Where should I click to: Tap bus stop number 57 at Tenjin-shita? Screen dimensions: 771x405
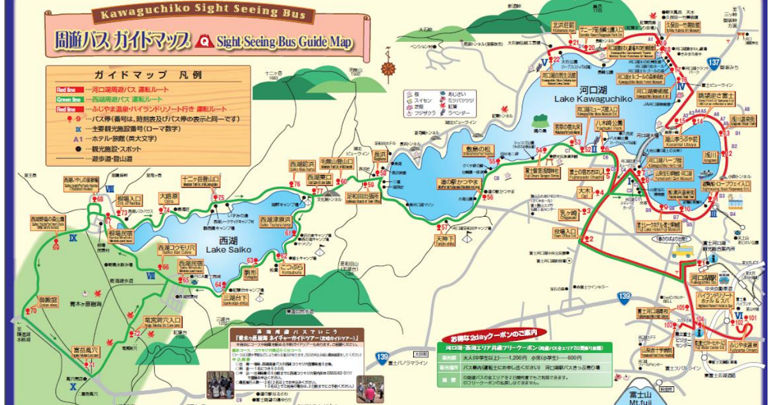point(443,227)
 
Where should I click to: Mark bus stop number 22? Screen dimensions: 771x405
point(556,61)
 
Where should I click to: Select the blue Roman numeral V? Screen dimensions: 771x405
point(544,62)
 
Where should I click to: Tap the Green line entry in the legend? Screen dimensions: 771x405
point(67,100)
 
